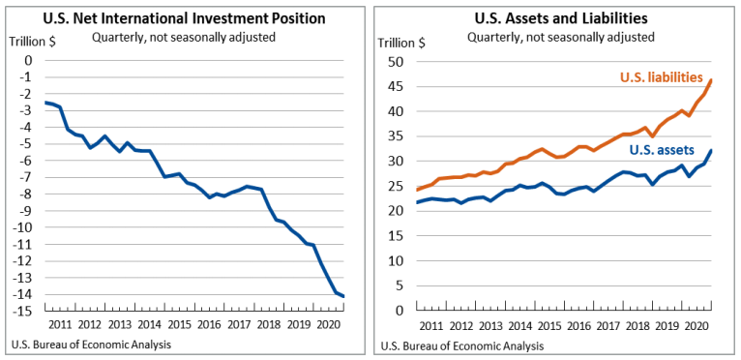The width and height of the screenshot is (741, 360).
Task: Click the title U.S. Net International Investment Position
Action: point(183,18)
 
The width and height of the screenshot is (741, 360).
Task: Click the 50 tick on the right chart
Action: point(395,61)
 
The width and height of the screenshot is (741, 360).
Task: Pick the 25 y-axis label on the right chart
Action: point(395,186)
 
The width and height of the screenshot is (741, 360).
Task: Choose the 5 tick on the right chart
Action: point(399,285)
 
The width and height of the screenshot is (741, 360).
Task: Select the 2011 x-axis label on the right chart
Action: point(431,326)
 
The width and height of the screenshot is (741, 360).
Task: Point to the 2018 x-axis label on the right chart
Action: point(641,326)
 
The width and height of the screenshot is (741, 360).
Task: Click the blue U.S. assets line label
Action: point(662,150)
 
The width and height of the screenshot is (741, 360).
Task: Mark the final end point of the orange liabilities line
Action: point(711,80)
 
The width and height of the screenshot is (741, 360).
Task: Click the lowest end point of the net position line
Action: point(343,296)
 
